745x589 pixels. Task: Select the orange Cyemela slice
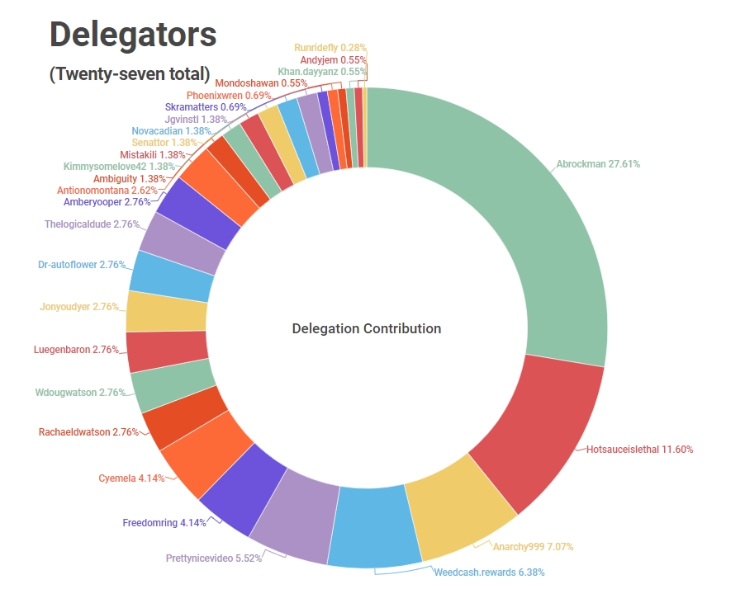202,450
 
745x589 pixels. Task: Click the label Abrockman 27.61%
598,164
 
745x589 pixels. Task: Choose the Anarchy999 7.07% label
533,546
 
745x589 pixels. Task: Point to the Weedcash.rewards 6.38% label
489,572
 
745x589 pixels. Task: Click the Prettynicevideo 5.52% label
214,558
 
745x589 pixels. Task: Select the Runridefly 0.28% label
330,49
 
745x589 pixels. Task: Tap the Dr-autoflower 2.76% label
81,265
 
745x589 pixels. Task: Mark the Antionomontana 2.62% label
107,190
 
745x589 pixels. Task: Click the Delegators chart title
133,34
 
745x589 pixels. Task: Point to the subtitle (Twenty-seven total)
130,73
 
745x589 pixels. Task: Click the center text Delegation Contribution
367,328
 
